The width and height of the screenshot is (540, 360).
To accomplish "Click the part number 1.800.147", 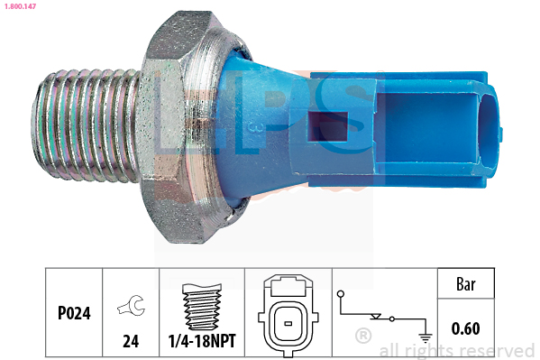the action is pyautogui.click(x=20, y=6).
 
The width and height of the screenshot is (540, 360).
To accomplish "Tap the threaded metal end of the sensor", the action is pyautogui.click(x=87, y=125).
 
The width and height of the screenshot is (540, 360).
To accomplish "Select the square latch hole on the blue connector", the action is pyautogui.click(x=327, y=126).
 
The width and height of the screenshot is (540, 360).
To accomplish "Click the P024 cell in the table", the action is pyautogui.click(x=74, y=313).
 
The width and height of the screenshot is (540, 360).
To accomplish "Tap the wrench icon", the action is pyautogui.click(x=132, y=305).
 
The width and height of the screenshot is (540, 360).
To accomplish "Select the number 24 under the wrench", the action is pyautogui.click(x=131, y=341).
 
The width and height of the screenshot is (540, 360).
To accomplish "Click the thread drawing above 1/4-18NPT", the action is pyautogui.click(x=202, y=307).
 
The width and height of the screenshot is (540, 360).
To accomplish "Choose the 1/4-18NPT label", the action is pyautogui.click(x=202, y=341).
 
